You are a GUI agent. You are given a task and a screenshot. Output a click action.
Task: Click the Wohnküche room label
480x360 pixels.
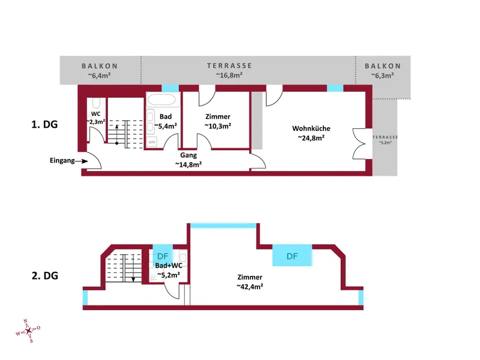tap(311, 128)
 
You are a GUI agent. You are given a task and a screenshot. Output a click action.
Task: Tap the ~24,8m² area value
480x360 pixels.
tap(311, 138)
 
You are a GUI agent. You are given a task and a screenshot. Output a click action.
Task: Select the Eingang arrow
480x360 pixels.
tap(81, 161)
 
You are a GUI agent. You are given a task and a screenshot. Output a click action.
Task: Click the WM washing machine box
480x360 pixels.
tap(152, 142)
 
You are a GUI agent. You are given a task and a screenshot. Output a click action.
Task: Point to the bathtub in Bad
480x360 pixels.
tap(162, 100)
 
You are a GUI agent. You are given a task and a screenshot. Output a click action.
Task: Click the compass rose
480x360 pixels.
tap(28, 331)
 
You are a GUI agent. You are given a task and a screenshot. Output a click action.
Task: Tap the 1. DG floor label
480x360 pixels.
tap(44, 125)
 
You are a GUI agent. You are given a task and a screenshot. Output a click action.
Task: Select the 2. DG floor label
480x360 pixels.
tap(44, 275)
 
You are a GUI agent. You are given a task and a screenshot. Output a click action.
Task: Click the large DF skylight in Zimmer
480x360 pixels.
tap(292, 255)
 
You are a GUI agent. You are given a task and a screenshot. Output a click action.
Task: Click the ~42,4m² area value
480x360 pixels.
tap(250, 287)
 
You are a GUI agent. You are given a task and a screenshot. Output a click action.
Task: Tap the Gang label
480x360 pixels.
tap(188, 155)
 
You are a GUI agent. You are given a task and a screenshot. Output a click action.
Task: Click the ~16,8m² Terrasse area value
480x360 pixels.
tap(229, 75)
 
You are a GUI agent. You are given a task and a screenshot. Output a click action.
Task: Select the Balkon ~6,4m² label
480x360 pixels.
tap(100, 71)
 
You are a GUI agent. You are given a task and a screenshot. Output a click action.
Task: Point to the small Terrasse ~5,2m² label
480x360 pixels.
tap(385, 140)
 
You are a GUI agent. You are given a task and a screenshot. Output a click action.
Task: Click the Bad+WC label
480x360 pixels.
tap(169, 265)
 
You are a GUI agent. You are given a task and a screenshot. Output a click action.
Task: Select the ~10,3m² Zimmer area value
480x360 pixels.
tap(218, 126)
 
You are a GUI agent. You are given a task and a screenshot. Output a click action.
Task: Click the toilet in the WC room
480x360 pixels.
tap(96, 103)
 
